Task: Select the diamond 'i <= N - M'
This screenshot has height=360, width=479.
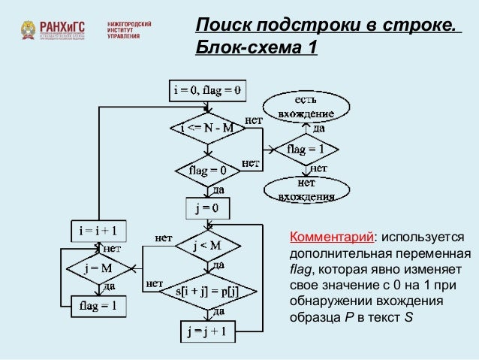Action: coord(207,129)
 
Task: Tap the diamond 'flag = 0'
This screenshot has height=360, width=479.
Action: coord(207,170)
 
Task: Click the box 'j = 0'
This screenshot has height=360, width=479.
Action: coord(207,207)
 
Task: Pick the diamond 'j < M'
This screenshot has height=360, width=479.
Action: coord(207,245)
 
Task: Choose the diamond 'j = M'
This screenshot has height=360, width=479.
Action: coord(98,268)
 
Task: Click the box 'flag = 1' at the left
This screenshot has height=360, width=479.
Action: coord(98,306)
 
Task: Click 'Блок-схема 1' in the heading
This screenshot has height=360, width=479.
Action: coord(256,49)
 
